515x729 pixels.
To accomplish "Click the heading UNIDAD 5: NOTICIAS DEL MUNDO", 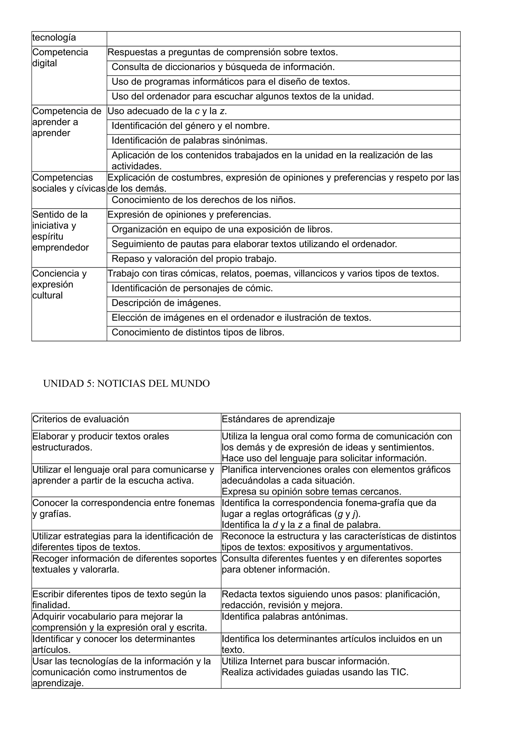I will (126, 384).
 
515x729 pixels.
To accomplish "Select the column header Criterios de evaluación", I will (81, 419).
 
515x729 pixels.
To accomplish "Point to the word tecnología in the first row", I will (54, 37).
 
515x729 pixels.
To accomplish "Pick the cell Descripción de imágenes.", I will (166, 303).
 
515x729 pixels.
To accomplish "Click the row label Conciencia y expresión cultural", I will (59, 284).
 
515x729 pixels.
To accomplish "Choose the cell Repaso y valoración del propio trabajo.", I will (194, 259).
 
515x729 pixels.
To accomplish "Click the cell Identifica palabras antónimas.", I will (285, 617).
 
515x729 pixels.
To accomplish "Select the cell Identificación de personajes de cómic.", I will (192, 288).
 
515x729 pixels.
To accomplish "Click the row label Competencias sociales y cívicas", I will (69, 183).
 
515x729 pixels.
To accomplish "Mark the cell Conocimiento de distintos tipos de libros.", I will (198, 333).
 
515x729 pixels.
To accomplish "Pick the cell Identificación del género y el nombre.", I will (191, 126).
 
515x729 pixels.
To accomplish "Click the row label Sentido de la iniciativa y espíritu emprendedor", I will (60, 231).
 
